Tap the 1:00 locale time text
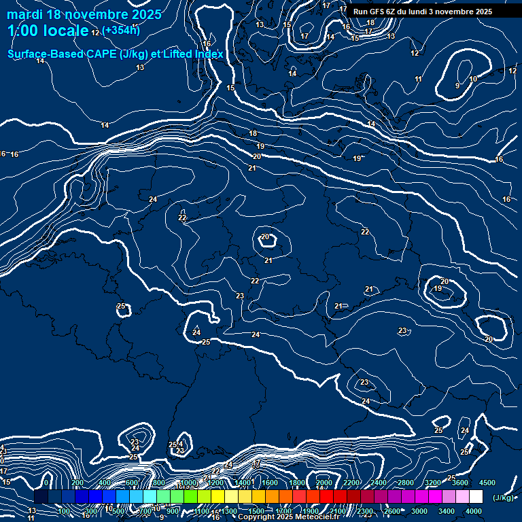pos(48,31)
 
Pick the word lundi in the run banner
pos(427,12)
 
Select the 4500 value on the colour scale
pos(487,483)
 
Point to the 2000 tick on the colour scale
pos(324,483)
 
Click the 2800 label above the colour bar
pos(406,483)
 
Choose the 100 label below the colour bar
pos(64,511)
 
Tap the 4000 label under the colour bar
pos(474,511)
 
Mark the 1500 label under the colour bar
pos(256,511)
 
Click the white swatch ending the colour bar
pos(476,497)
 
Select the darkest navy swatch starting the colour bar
pos(41,497)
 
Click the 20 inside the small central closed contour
pos(266,237)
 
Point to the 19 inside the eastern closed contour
pos(438,289)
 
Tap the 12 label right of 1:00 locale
pos(95,32)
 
